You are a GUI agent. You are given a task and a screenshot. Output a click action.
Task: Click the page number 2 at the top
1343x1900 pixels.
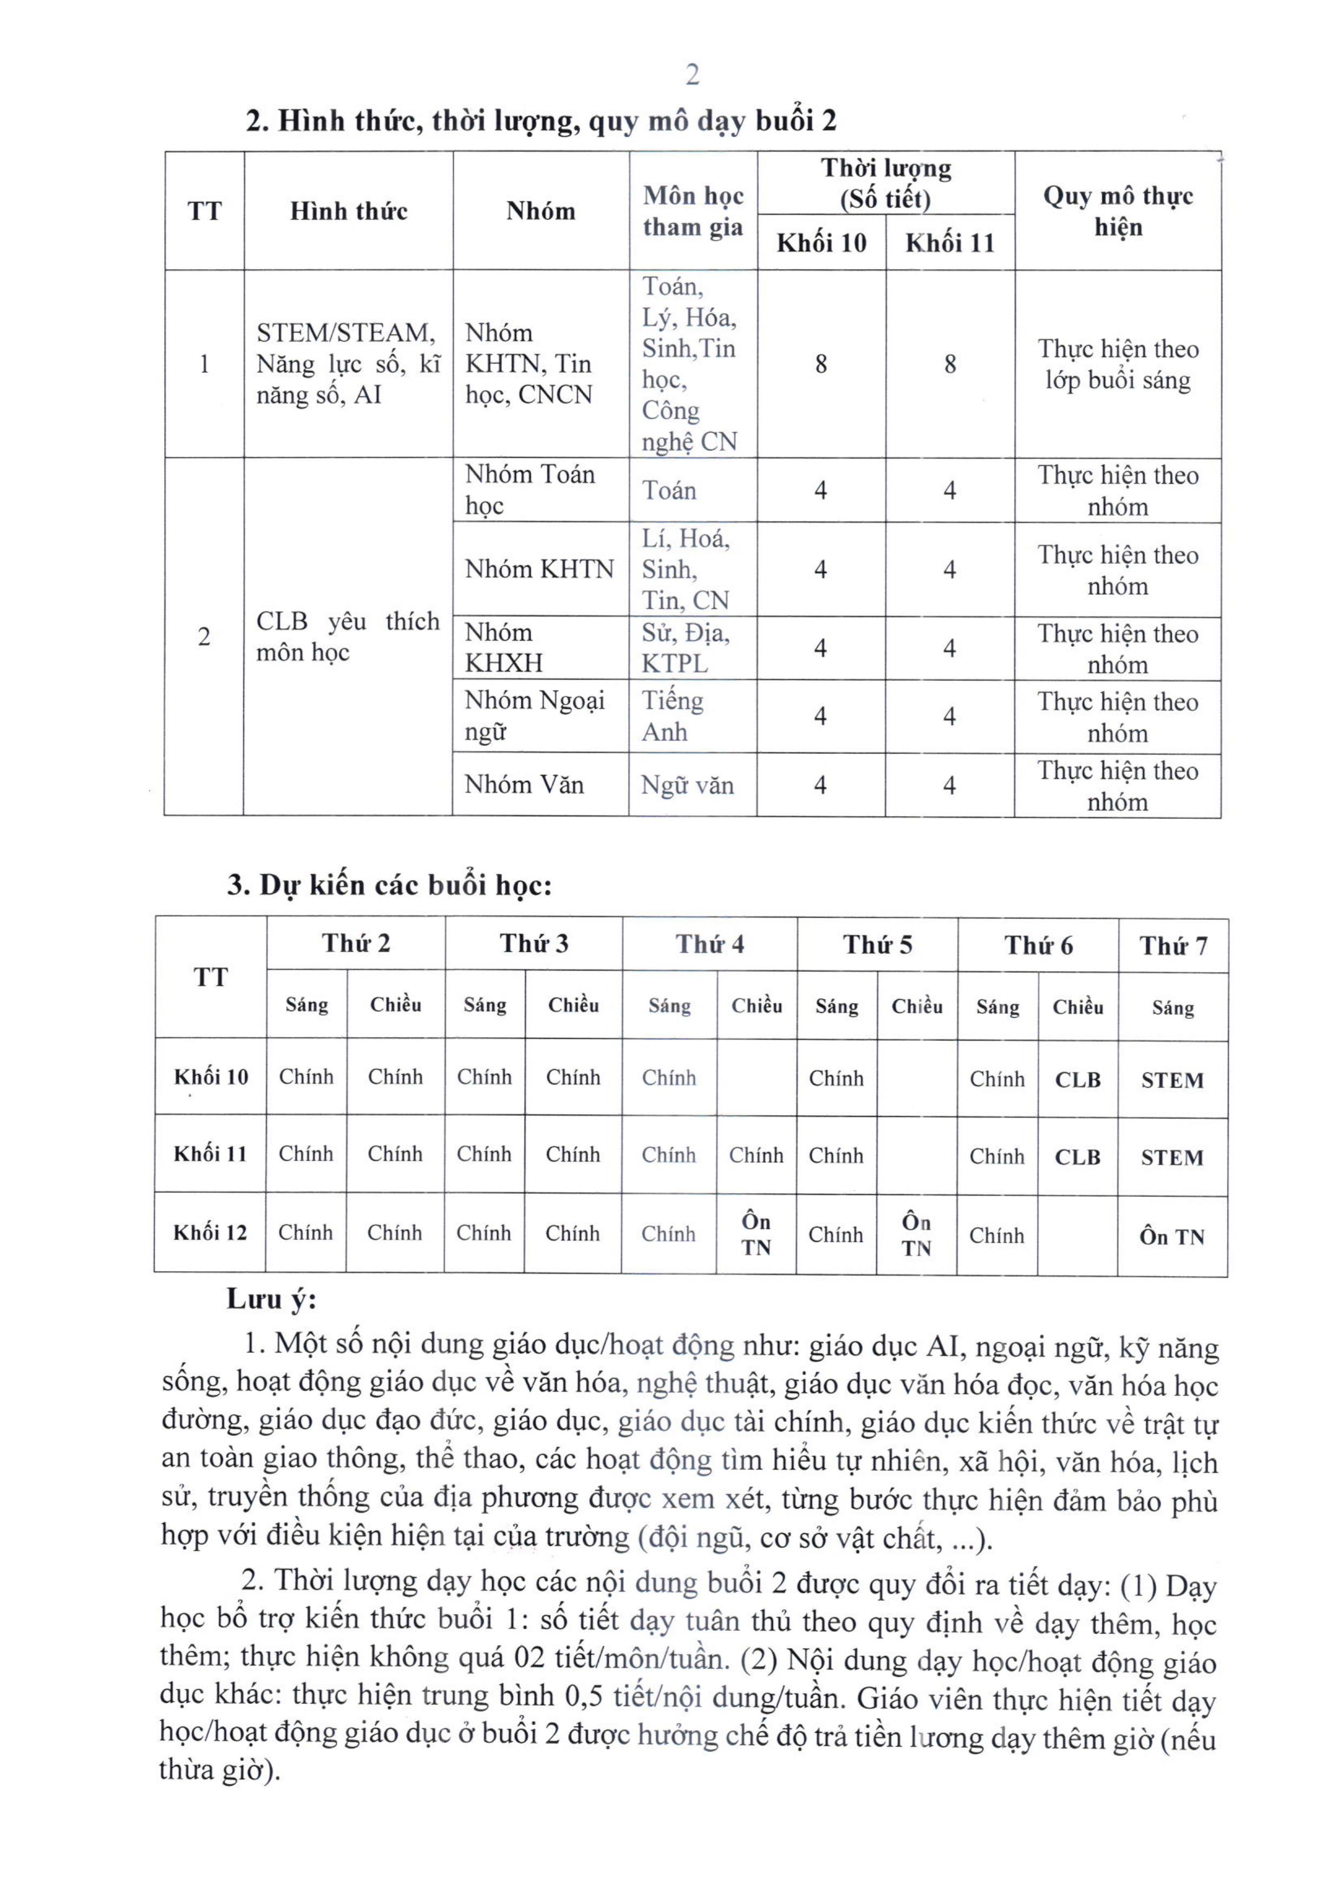[693, 75]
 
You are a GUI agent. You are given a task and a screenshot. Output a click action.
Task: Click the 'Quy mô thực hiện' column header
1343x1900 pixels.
[1117, 211]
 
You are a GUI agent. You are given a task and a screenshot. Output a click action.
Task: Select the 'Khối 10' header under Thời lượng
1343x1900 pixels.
[821, 243]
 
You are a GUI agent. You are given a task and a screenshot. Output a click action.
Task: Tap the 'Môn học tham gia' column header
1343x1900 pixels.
[693, 211]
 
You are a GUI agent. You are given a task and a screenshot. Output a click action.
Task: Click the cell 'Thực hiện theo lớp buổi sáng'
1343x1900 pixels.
[1117, 364]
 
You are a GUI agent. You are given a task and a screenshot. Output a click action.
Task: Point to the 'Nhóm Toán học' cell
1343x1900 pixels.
[530, 490]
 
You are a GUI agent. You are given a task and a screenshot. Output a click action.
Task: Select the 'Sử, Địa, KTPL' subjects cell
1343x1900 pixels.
[686, 648]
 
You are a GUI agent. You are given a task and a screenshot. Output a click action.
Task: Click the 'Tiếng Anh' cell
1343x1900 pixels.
[672, 716]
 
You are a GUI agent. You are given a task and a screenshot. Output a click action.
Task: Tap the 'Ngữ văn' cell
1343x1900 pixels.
[687, 784]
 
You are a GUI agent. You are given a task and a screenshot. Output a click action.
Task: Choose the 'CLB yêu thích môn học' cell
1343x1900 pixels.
[348, 636]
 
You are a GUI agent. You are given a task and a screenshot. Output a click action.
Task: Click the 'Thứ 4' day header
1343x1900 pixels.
[709, 944]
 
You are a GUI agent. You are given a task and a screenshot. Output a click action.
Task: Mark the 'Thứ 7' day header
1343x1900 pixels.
[1172, 945]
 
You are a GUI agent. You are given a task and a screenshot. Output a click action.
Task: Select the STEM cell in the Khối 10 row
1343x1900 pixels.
[1172, 1080]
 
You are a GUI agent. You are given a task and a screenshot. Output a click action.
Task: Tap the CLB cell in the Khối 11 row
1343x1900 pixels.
[1078, 1157]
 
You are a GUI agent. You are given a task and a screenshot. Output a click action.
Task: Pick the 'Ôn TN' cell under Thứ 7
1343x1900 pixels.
[1172, 1237]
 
